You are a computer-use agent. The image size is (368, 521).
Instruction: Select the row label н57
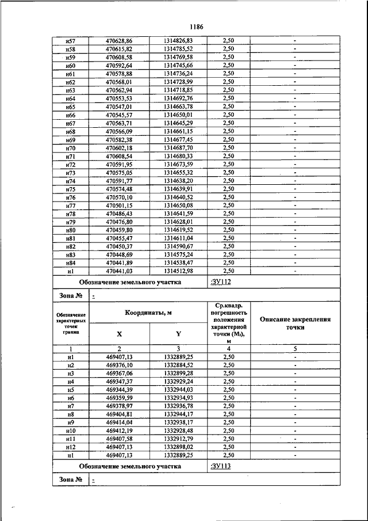(71, 41)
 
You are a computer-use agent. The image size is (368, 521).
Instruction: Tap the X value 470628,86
(119, 41)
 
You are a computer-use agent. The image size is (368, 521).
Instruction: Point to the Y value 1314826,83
(178, 41)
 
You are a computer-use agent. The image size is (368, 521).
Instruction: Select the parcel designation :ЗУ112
(221, 282)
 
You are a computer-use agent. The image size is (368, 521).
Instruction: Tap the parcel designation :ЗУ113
(221, 466)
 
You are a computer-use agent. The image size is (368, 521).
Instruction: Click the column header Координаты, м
(148, 313)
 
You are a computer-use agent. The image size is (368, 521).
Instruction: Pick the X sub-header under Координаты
(119, 333)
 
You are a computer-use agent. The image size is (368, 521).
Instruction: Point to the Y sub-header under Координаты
(178, 333)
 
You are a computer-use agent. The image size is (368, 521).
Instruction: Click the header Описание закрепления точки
(295, 323)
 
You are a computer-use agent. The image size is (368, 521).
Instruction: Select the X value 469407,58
(119, 439)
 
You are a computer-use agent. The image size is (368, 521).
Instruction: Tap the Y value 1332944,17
(178, 414)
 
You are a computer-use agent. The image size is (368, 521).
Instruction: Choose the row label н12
(71, 447)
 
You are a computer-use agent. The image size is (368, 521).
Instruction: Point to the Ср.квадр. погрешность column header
(228, 323)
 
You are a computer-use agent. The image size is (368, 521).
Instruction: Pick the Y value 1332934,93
(178, 397)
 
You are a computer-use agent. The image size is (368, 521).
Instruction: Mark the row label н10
(71, 431)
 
